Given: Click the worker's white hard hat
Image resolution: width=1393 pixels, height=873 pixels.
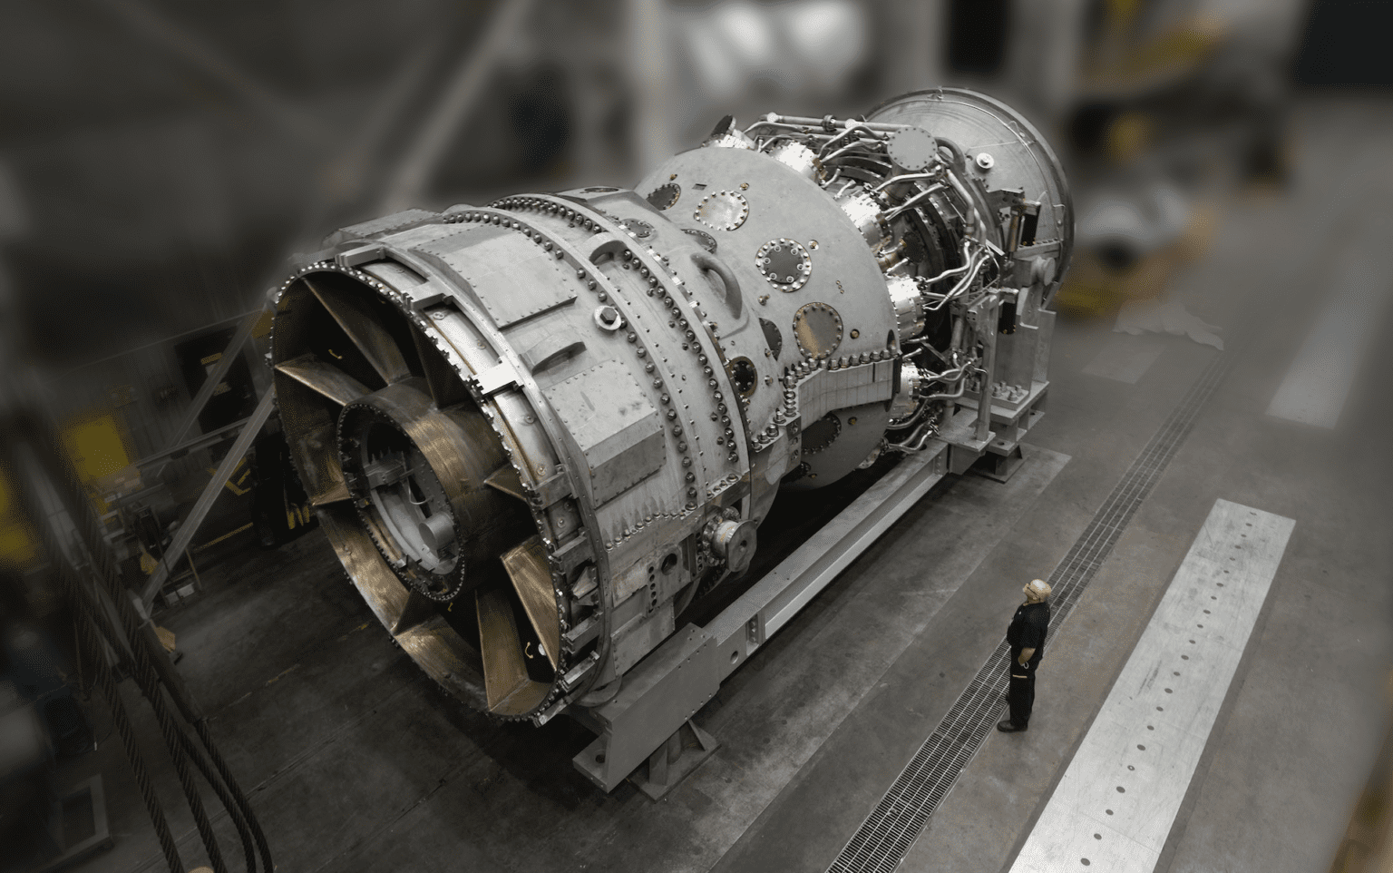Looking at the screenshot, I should click(x=1037, y=589).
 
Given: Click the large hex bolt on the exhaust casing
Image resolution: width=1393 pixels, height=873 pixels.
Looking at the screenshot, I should click(x=606, y=318).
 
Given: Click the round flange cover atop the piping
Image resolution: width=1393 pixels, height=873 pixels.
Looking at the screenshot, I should click(x=909, y=146).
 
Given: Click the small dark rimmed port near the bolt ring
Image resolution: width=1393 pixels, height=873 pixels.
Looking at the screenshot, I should click(x=742, y=373).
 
